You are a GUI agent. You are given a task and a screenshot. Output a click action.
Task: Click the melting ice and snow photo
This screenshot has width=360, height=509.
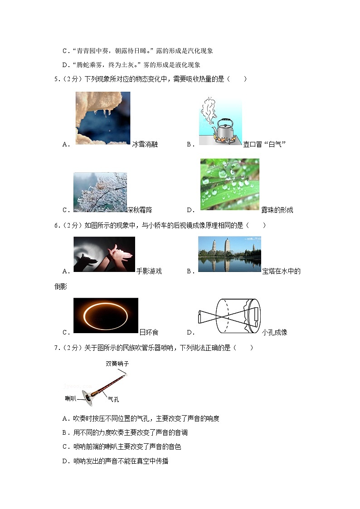pos(102,118)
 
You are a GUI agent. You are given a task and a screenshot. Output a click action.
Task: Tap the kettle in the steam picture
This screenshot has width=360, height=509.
pos(224,131)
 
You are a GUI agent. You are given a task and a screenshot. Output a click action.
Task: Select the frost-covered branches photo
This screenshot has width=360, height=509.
pos(100,192)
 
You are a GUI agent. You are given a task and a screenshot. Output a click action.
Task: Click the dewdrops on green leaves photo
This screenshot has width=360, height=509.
pos(229,184)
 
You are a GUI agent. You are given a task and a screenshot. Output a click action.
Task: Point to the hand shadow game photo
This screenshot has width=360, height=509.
pos(104,254)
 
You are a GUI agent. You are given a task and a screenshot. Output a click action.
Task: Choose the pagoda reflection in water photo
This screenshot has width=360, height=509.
pos(229,254)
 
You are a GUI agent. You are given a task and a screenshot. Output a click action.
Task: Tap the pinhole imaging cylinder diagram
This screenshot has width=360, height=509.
pos(229,315)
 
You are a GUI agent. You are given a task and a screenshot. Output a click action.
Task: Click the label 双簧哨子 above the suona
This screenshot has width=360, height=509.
pos(117,364)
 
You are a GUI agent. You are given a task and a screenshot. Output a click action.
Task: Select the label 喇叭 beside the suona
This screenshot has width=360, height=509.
pos(70,398)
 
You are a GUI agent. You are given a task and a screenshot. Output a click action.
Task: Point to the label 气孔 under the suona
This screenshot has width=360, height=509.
pos(113,399)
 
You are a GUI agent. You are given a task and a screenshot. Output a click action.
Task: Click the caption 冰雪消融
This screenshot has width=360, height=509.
pos(145,145)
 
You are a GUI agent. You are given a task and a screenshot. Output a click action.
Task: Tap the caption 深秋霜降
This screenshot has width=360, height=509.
pos(139,210)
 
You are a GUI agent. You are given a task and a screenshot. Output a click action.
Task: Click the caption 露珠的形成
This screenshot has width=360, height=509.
pos(277,210)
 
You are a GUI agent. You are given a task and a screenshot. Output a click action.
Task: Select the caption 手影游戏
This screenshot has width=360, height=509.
pos(149,271)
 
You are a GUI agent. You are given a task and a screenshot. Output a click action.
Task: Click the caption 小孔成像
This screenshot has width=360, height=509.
pos(274,332)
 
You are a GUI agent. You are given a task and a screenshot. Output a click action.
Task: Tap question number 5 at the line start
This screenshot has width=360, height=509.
pos(56,79)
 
